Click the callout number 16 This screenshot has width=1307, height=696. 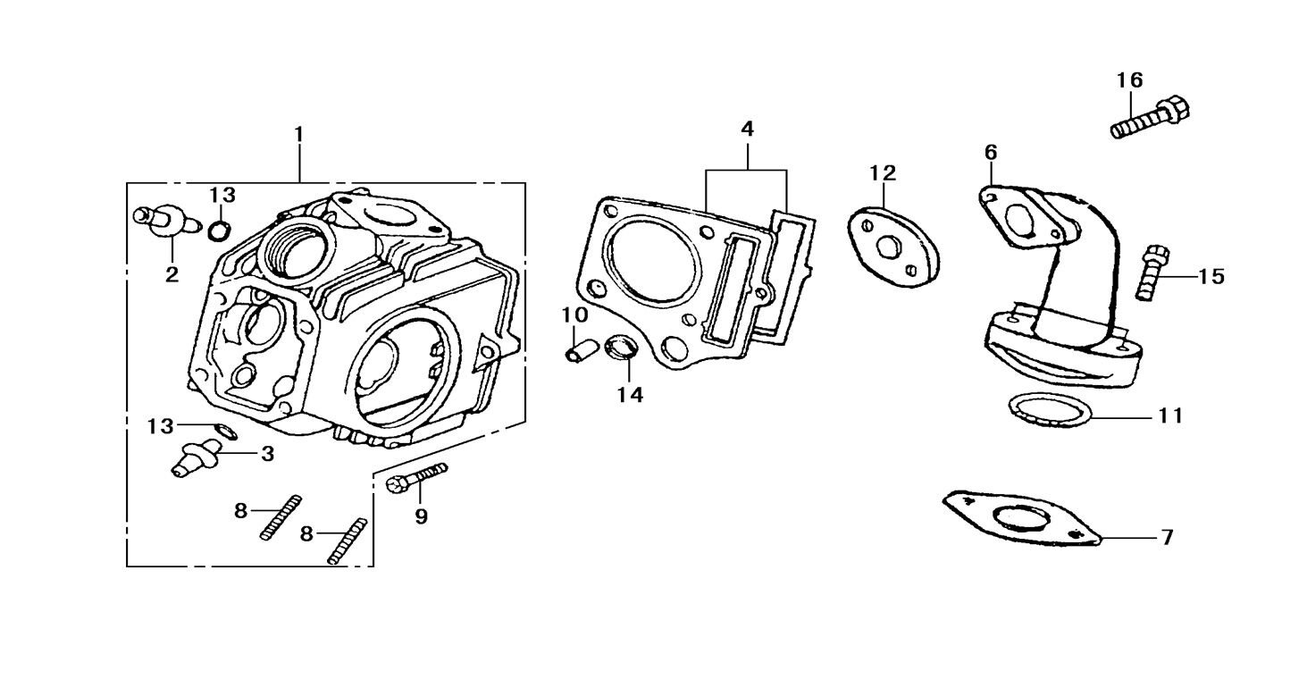coord(1129,80)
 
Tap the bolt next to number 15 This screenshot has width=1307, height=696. coord(1151,272)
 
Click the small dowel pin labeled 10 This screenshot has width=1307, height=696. coord(579,344)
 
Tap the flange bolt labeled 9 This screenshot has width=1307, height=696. coord(416,478)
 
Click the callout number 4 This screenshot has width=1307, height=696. coord(747,130)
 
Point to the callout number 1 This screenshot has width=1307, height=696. coord(299,135)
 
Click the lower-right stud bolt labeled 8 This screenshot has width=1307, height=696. coord(348,541)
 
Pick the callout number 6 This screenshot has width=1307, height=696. coord(991,153)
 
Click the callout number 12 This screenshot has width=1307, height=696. coord(882,172)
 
